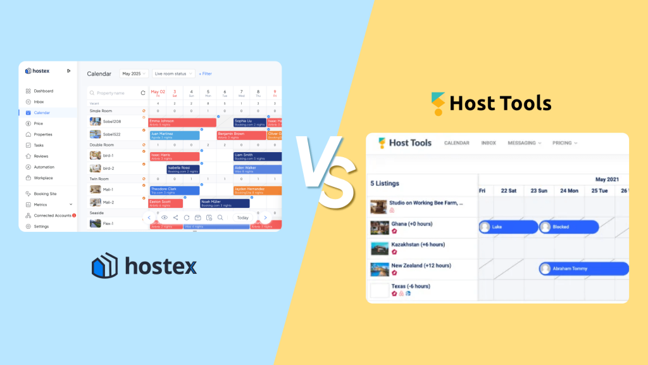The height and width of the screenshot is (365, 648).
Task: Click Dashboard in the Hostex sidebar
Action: click(43, 91)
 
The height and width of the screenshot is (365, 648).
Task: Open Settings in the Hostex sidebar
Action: click(41, 226)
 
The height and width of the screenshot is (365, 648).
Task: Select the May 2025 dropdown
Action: click(134, 74)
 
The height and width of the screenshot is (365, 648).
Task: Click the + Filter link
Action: click(206, 74)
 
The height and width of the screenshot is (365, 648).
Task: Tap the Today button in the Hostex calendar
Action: click(243, 217)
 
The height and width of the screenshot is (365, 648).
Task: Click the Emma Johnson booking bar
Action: click(182, 122)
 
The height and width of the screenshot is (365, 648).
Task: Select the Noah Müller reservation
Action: click(225, 203)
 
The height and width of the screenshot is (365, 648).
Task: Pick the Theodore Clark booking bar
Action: click(174, 190)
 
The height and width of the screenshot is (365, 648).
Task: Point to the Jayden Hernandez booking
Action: click(257, 190)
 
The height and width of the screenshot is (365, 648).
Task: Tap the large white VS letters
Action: click(324, 168)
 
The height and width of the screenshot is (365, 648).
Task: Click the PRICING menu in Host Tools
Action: click(564, 143)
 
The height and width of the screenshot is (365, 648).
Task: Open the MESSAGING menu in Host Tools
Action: click(524, 143)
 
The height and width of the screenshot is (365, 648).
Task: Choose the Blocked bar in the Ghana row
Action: click(568, 227)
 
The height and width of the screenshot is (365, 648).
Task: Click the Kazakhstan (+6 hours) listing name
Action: click(418, 245)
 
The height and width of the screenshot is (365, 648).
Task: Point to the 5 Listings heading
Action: click(385, 184)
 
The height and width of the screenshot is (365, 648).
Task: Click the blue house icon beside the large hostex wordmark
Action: click(104, 266)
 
